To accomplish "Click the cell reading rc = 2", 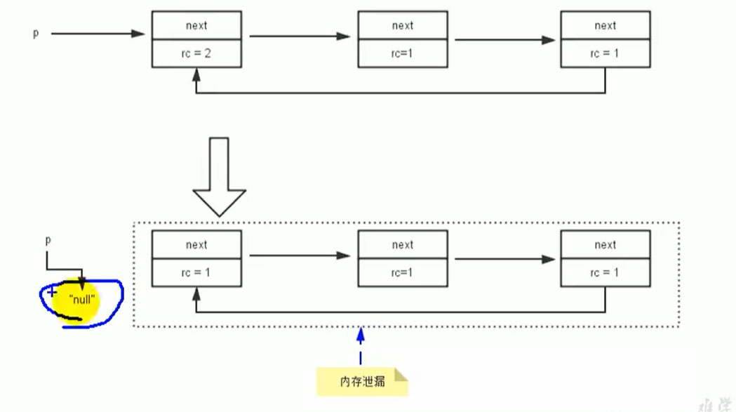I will [x=196, y=53].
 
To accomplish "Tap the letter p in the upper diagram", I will [x=36, y=33].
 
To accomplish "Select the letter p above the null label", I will [x=48, y=240].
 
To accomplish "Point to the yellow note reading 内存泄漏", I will [x=361, y=382].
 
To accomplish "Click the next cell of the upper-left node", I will [x=196, y=25].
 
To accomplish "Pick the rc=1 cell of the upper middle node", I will [x=402, y=53].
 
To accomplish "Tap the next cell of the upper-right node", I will [x=605, y=25].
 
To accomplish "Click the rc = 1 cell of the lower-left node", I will [x=196, y=272].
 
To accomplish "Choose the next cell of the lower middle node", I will [x=402, y=245].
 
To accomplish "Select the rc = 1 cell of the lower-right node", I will [x=605, y=272].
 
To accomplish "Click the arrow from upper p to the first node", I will [x=98, y=33].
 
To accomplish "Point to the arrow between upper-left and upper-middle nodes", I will [x=300, y=36].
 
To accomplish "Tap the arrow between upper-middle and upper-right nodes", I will [x=504, y=40].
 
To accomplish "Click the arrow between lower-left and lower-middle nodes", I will [x=300, y=255].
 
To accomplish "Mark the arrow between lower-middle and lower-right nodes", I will [x=504, y=259].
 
